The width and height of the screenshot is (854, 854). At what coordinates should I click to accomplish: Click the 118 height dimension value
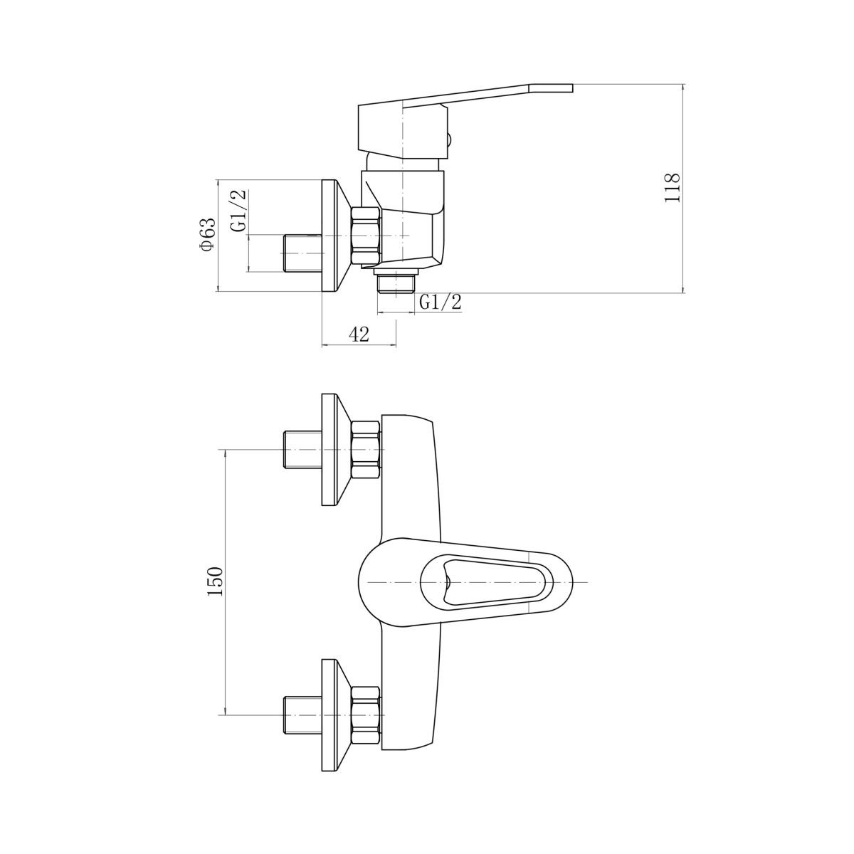point(672,187)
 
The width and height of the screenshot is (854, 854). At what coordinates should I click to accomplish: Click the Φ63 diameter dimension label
point(209,235)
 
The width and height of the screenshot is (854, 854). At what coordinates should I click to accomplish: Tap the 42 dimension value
point(359,334)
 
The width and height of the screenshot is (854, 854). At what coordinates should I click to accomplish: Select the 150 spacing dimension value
point(216,581)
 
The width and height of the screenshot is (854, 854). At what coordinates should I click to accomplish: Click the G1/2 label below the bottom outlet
point(441,302)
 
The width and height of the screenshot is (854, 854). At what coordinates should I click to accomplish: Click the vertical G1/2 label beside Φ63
point(238,211)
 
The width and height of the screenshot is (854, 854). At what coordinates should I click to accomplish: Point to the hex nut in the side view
point(366,236)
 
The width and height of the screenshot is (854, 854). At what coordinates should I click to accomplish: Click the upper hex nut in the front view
point(366,450)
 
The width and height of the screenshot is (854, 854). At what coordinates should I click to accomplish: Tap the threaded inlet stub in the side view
point(302,253)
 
